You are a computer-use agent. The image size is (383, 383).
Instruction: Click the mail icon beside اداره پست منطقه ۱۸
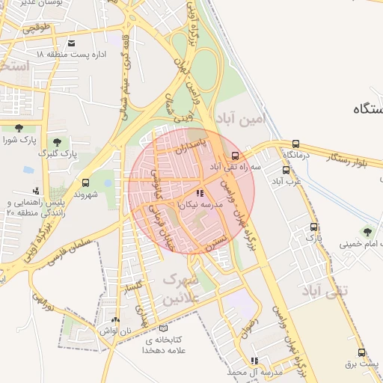(x=71, y=43)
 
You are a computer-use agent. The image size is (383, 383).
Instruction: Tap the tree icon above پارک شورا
(x=18, y=128)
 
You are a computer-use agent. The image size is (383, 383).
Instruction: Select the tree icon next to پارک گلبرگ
(x=57, y=141)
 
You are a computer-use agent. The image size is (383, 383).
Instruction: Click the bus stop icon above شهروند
(x=85, y=183)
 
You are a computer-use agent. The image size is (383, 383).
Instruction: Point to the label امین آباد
(x=265, y=119)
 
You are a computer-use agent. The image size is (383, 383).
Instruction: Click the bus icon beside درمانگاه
(x=296, y=144)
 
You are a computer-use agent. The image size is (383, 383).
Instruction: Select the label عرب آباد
(x=286, y=180)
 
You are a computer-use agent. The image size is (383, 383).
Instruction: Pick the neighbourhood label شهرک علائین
(x=180, y=289)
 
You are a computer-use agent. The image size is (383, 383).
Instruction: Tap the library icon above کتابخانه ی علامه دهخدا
(x=164, y=328)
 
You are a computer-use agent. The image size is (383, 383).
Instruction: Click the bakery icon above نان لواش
(x=116, y=319)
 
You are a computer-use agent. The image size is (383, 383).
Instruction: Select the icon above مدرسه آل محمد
(x=254, y=361)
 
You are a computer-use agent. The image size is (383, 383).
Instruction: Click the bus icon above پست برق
(x=362, y=352)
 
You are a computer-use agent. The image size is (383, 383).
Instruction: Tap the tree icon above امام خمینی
(x=367, y=231)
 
